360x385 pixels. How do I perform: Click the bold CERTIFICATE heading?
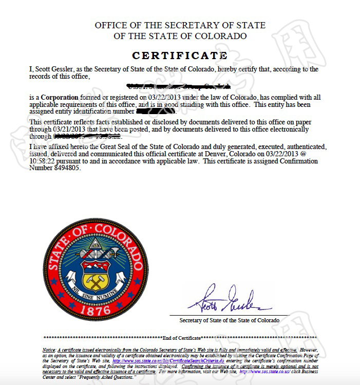coord(179,55)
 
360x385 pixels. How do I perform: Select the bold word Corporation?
coord(60,97)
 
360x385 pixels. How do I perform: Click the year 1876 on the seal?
coord(96,310)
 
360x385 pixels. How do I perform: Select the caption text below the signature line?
coord(229,320)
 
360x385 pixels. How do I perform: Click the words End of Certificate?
coord(180,338)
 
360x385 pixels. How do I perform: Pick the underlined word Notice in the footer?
coord(49,350)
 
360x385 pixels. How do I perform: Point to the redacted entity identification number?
coord(157,111)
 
